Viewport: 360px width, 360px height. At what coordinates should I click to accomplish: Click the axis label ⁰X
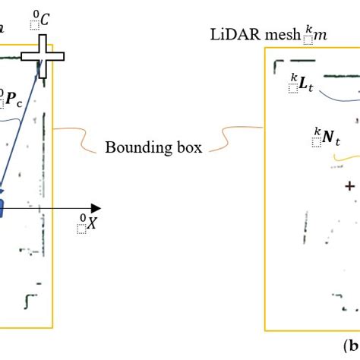[x=87, y=224]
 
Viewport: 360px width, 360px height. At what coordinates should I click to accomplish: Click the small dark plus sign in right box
[x=349, y=185]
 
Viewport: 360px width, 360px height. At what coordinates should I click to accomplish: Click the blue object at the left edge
[x=2, y=207]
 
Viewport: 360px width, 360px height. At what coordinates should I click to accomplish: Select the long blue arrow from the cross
[x=21, y=129]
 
